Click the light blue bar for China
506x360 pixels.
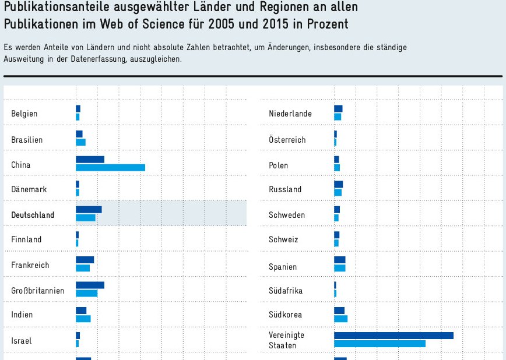point(110,168)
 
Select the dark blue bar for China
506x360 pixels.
point(90,160)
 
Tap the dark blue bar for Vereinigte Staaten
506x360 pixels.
point(393,336)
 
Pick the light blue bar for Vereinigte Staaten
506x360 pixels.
point(379,344)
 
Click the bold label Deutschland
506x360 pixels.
point(33,215)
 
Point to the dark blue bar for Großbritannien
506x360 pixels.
point(90,285)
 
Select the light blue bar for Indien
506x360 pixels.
point(83,319)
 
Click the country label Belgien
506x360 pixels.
point(24,114)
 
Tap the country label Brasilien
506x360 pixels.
point(27,140)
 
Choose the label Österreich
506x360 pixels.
point(287,140)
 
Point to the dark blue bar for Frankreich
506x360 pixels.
point(85,260)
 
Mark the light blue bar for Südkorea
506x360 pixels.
point(340,319)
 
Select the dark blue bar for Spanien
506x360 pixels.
point(339,260)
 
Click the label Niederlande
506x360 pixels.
point(290,114)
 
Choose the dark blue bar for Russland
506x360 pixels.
point(338,185)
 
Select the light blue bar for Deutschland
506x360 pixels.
point(85,218)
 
